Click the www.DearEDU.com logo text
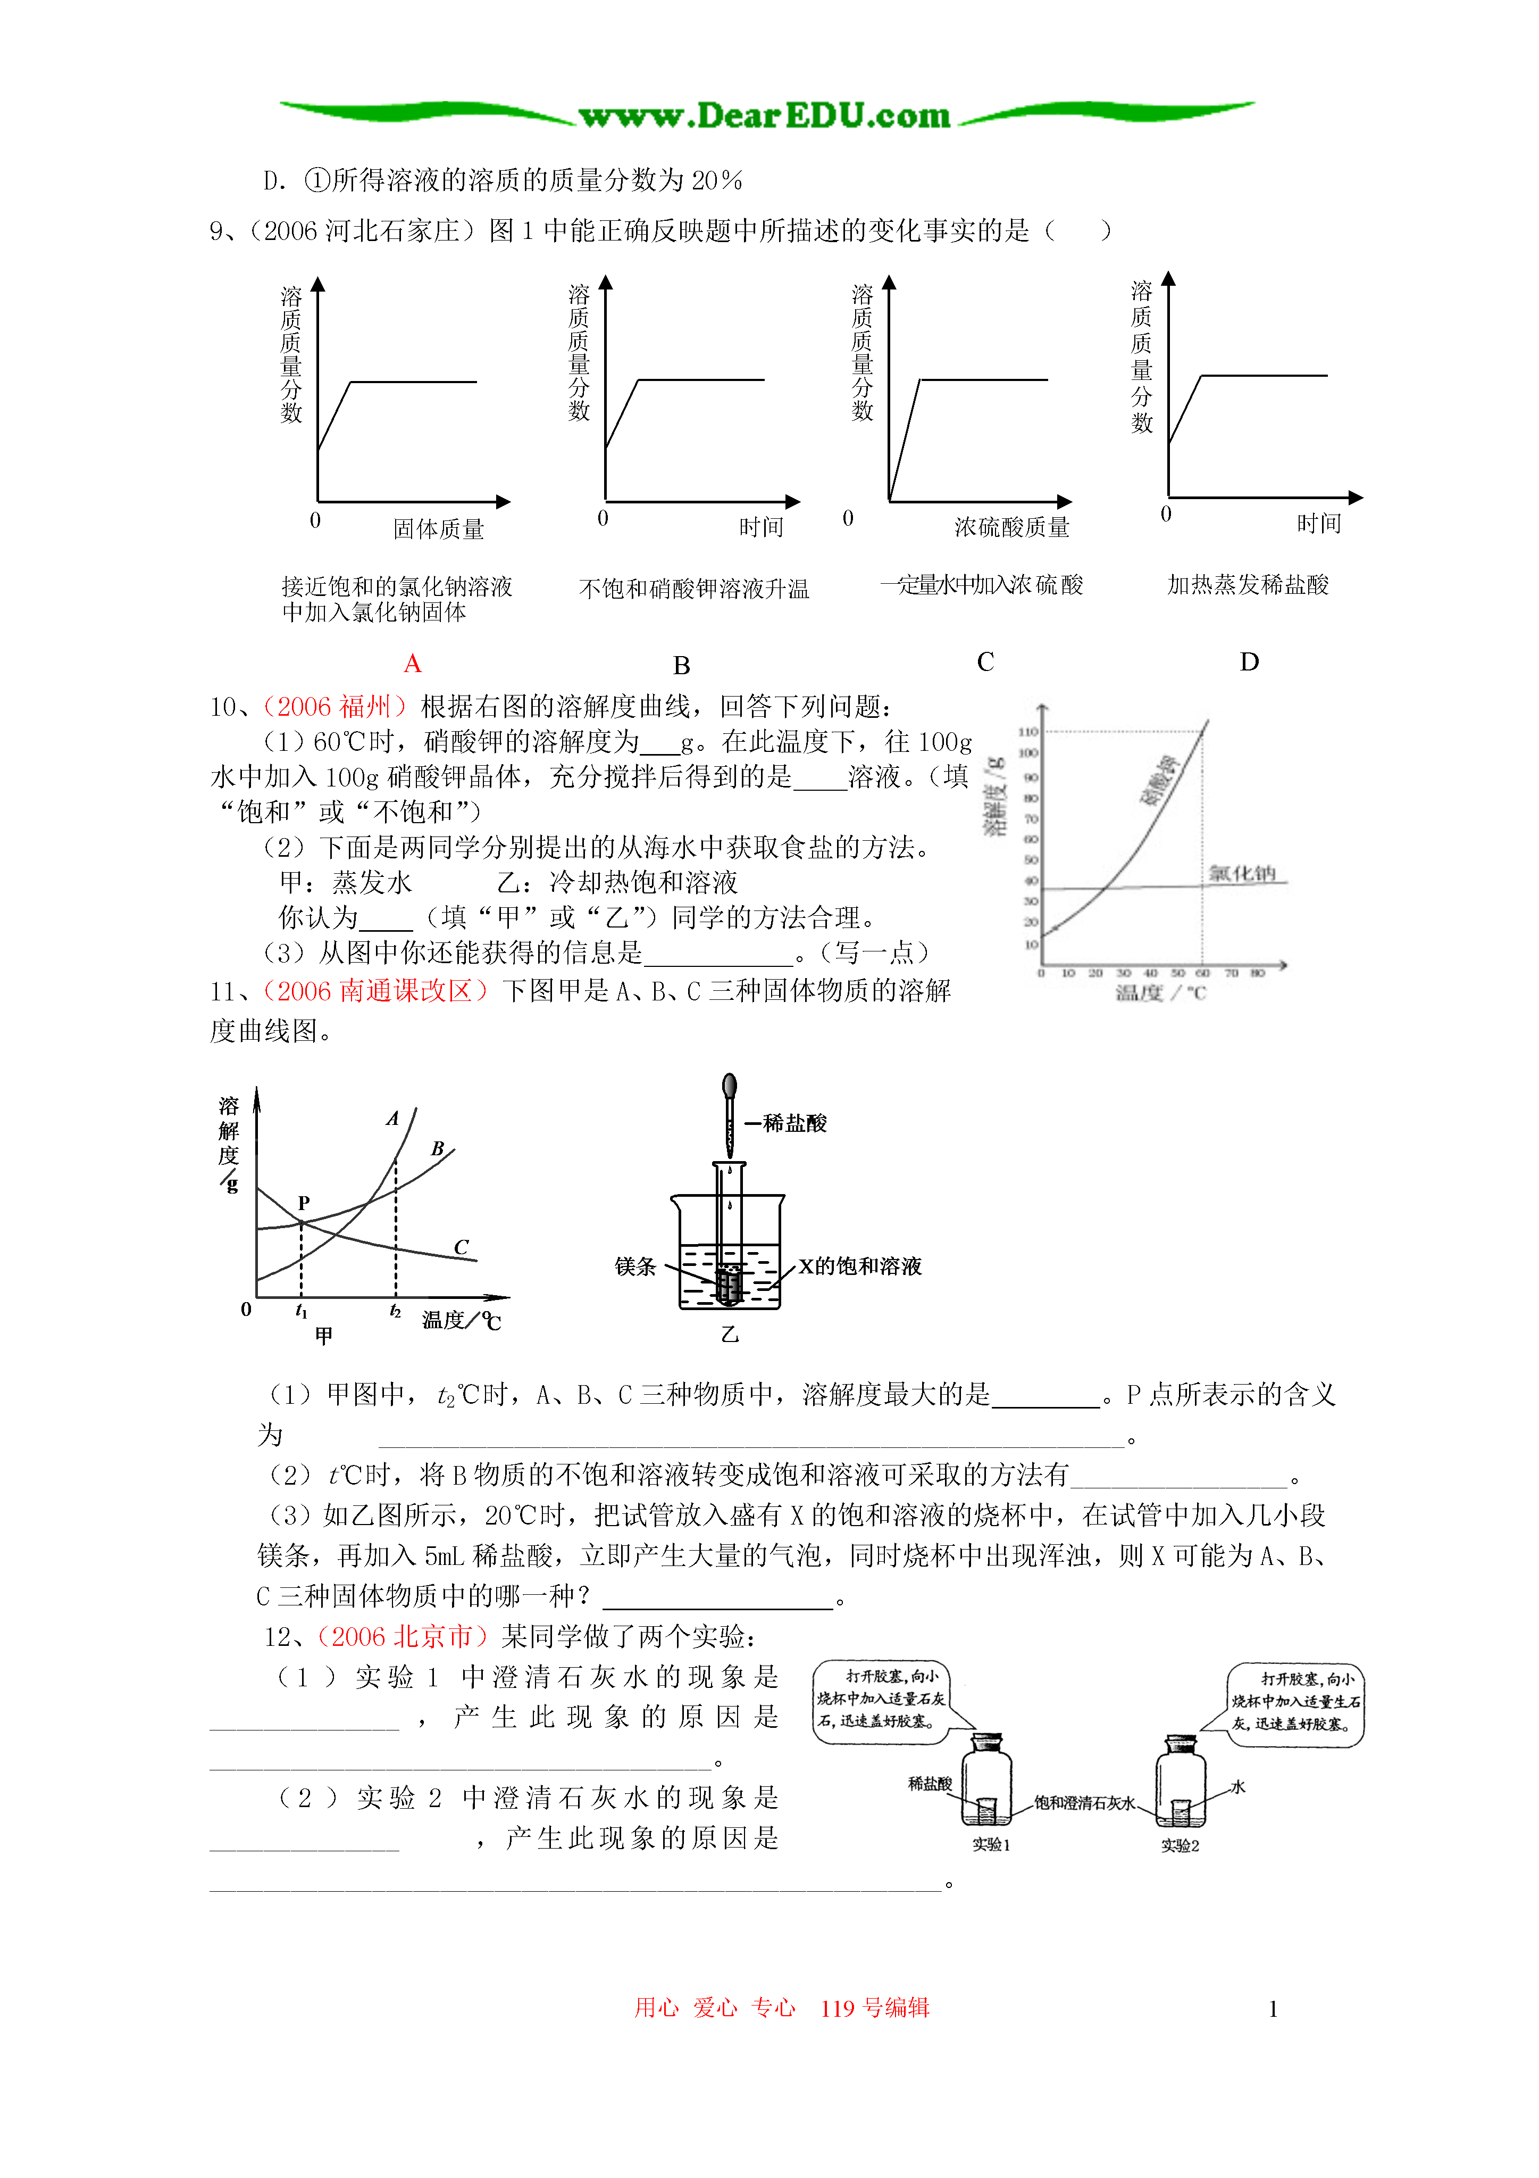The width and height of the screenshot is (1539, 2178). click(x=764, y=115)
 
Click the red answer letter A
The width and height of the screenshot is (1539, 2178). click(x=413, y=663)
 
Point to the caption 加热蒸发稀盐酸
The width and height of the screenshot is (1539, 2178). click(x=1248, y=584)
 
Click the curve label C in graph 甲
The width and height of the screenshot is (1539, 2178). click(x=461, y=1246)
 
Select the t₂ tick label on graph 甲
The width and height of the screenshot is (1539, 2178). click(x=396, y=1312)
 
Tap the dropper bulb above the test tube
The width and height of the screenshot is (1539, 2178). click(x=729, y=1086)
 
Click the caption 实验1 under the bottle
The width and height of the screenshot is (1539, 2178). click(x=991, y=1845)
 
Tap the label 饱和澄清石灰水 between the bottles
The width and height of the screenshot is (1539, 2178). click(x=1084, y=1802)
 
